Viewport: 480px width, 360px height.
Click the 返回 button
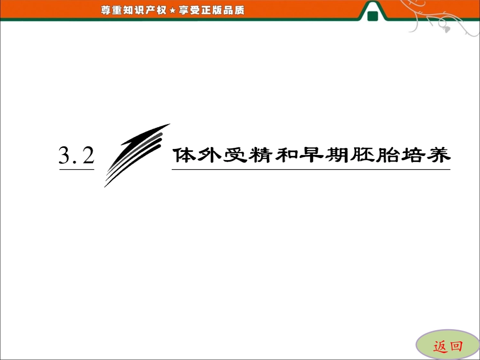click(448, 346)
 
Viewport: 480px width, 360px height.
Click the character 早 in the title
click(305, 156)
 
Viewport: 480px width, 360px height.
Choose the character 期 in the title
click(329, 156)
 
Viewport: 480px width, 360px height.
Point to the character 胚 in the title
click(353, 156)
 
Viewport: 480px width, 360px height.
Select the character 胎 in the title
click(377, 156)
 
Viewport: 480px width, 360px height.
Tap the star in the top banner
click(172, 10)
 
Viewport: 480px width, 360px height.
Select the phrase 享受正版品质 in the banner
click(211, 10)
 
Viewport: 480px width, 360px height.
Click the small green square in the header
click(373, 17)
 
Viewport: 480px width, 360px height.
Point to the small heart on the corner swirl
click(447, 29)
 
